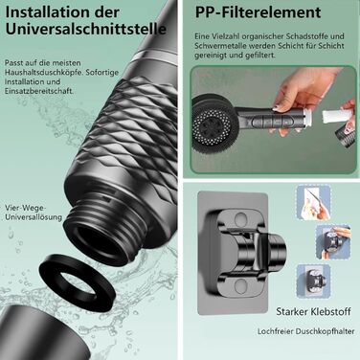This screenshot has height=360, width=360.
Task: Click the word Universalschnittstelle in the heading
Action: (x=85, y=29)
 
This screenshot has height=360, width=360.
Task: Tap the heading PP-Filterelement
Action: (x=258, y=12)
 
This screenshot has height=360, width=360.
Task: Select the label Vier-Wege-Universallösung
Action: (x=34, y=213)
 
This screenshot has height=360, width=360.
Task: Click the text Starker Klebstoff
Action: (x=313, y=311)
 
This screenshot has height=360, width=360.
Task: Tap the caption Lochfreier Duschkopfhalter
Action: (x=305, y=331)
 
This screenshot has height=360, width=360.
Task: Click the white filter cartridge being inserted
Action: (x=332, y=115)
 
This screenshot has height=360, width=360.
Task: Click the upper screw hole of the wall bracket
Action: (x=241, y=219)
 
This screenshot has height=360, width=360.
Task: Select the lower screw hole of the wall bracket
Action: (x=241, y=286)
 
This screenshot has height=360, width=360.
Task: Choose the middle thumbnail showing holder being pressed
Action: (x=333, y=241)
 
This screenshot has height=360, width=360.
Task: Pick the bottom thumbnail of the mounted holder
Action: (x=313, y=281)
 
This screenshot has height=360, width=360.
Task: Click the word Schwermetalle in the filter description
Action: (x=221, y=46)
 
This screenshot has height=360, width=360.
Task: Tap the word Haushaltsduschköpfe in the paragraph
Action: (x=44, y=73)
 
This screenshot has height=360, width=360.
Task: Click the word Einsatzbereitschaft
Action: (x=38, y=91)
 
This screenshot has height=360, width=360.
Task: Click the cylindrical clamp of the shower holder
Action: (x=274, y=250)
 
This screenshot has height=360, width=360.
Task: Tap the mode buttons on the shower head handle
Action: (x=272, y=122)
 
